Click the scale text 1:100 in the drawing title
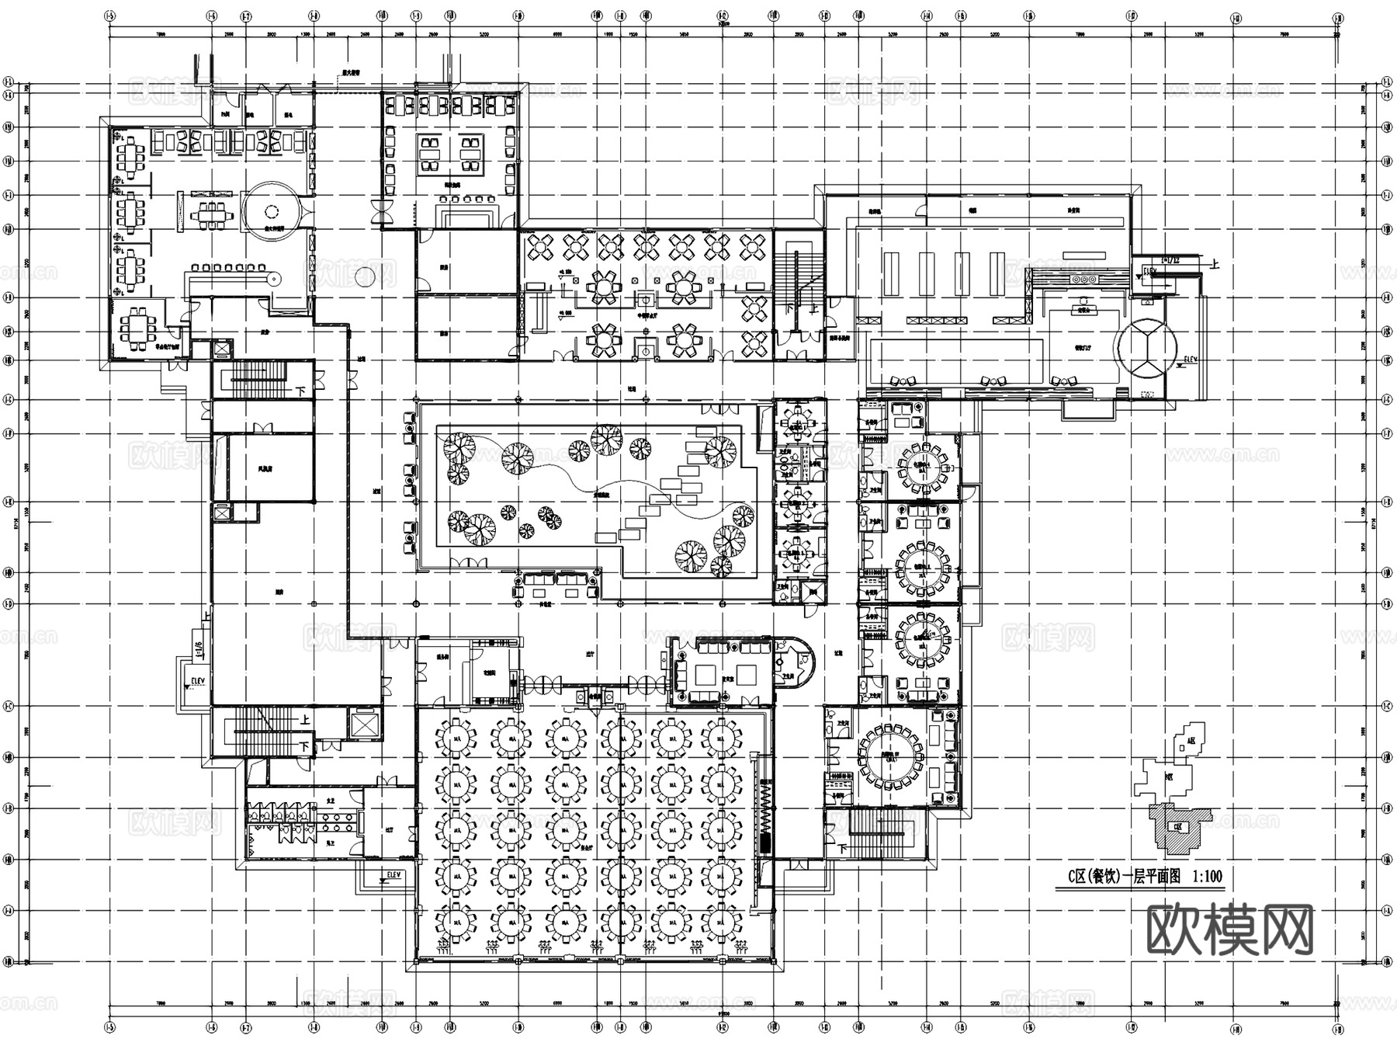pyautogui.click(x=1207, y=877)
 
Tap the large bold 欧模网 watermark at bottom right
pyautogui.click(x=1229, y=930)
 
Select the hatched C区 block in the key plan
pyautogui.click(x=1179, y=828)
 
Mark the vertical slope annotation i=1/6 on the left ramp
pyautogui.click(x=199, y=649)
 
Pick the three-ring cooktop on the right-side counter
pyautogui.click(x=1083, y=279)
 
